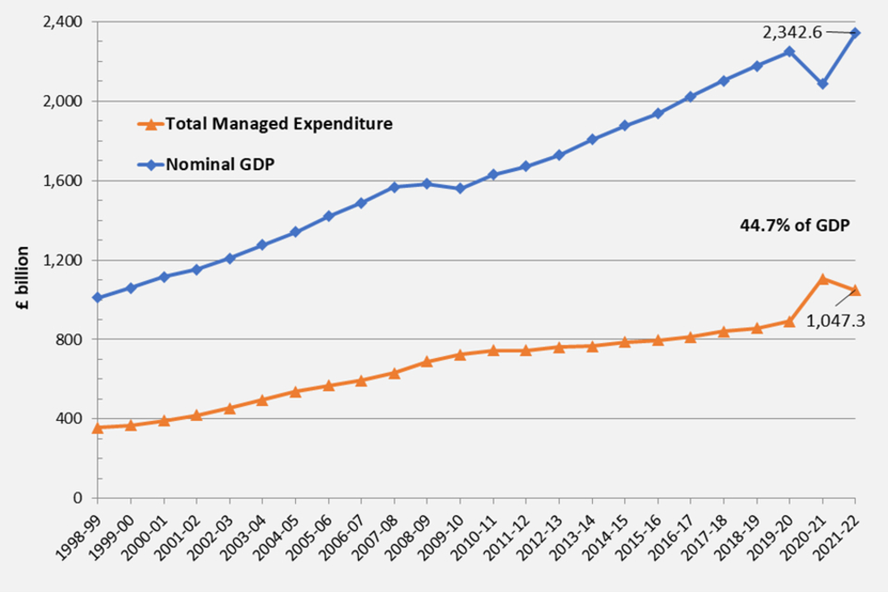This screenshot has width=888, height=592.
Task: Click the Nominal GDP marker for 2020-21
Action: coord(822,83)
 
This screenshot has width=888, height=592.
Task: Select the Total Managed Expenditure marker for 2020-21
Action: coord(822,278)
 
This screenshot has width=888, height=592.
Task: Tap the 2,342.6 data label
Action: coord(792,31)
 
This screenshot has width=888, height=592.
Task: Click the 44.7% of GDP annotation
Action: coord(794,225)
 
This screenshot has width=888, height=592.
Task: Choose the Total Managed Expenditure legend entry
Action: coord(277,123)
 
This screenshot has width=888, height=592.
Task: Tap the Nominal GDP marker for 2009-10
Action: coord(460,188)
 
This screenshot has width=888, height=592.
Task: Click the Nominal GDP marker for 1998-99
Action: coord(97,298)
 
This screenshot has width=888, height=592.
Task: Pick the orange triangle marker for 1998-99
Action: coord(97,427)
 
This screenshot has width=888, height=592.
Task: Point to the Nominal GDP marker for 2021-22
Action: coord(856,33)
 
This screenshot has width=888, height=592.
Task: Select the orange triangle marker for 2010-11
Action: coord(493,351)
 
